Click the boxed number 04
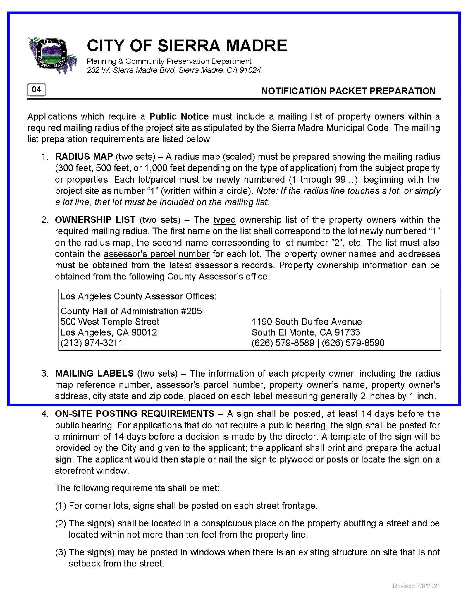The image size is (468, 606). tap(36, 90)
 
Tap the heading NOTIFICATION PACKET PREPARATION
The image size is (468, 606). tap(348, 91)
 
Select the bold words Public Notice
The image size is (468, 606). tap(179, 116)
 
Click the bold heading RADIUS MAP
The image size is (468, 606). tap(84, 157)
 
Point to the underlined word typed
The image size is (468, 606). tap(224, 220)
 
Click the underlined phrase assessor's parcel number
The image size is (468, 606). tap(156, 254)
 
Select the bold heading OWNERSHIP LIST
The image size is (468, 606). tap(95, 220)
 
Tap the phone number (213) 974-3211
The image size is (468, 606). tap(92, 343)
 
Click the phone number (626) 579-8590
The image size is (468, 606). tap(353, 343)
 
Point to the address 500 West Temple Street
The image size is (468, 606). tap(110, 322)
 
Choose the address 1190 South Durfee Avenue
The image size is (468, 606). tap(307, 322)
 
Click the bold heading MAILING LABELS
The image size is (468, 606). tap(94, 373)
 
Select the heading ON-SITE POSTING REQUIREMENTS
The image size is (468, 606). tap(135, 413)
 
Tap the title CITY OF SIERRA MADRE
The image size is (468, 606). tap(187, 46)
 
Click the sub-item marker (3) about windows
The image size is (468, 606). tap(61, 552)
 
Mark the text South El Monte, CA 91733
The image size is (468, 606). tap(306, 332)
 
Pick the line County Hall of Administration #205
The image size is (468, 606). tap(131, 311)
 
